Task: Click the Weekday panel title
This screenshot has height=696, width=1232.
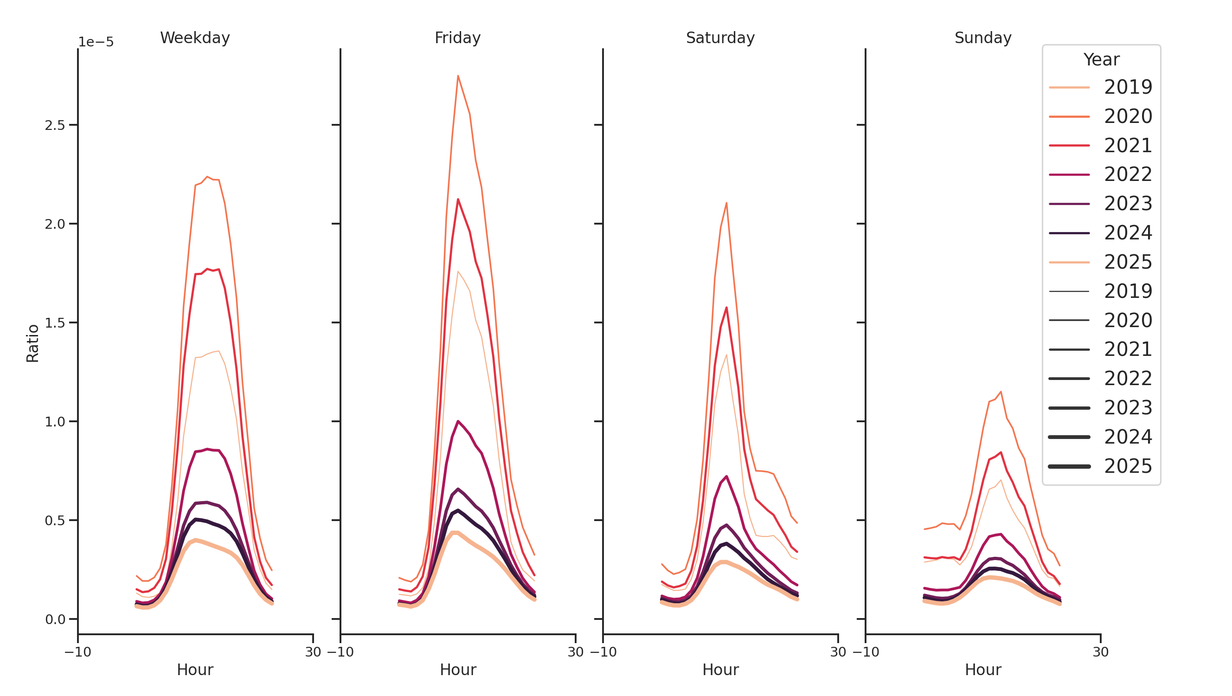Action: pos(195,38)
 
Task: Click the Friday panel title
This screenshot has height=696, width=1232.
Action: pos(457,38)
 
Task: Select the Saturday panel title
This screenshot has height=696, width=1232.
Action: pos(720,38)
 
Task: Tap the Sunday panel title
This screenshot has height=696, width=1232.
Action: pos(982,38)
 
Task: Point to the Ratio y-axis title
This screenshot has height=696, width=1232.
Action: pos(32,343)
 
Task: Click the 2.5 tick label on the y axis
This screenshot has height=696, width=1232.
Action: pos(55,125)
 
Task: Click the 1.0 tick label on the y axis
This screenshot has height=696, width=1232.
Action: pos(55,421)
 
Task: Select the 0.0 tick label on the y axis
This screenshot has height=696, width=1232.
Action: pos(55,619)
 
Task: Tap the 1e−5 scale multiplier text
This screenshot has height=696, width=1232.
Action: pos(96,42)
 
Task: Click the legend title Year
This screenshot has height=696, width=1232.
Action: pos(1101,60)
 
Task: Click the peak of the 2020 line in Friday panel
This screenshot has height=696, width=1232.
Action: pos(458,76)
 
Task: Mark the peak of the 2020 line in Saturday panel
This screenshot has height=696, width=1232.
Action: pos(726,203)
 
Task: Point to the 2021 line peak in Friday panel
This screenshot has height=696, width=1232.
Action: pos(458,200)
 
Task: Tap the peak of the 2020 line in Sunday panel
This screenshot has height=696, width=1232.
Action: pos(1001,392)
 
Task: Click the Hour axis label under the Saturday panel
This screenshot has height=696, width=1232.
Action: pos(720,670)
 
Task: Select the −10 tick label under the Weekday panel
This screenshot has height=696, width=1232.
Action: pos(77,652)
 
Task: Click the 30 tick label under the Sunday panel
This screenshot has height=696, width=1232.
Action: pos(1100,652)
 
